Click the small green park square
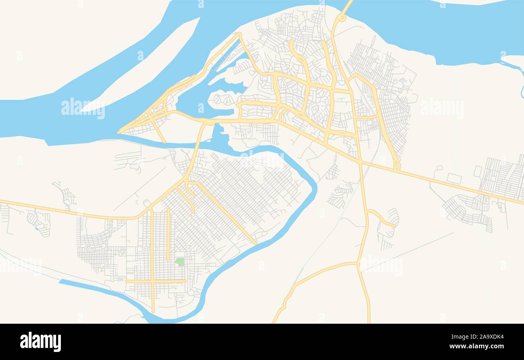pos(179,262)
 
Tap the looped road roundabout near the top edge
pos(342,18)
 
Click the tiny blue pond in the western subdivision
pos(37,229)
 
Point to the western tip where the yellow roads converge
pos(119,132)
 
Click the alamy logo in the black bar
pos(40,341)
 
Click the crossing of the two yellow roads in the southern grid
pos(152,281)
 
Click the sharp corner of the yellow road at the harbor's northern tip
pos(240,34)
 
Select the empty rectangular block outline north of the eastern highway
pos(454,178)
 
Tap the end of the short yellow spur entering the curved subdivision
pos(395,226)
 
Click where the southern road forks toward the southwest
pos(357,264)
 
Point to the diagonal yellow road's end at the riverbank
pos(256,243)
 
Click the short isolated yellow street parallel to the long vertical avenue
pos(168,234)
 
